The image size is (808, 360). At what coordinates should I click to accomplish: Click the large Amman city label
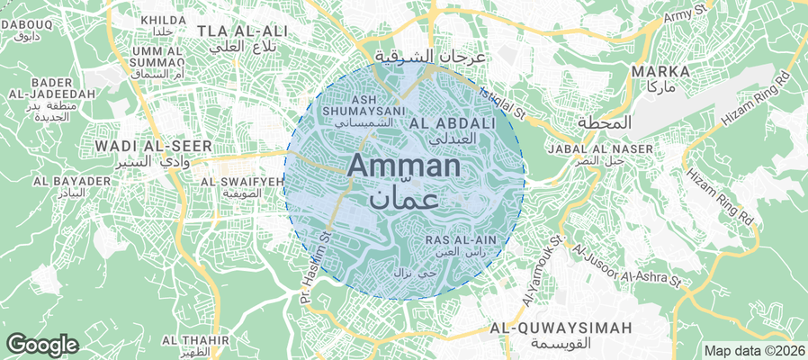pyautogui.click(x=404, y=166)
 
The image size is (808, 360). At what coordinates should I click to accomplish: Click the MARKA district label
pyautogui.click(x=660, y=71)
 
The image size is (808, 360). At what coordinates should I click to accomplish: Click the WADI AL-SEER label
pyautogui.click(x=153, y=146)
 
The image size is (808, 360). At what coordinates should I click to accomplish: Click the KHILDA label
pyautogui.click(x=163, y=20)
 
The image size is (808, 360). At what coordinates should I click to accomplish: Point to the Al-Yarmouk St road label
pyautogui.click(x=541, y=270)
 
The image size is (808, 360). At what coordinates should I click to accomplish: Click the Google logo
pyautogui.click(x=41, y=344)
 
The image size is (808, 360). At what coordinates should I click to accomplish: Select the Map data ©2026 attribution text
pyautogui.click(x=754, y=351)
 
